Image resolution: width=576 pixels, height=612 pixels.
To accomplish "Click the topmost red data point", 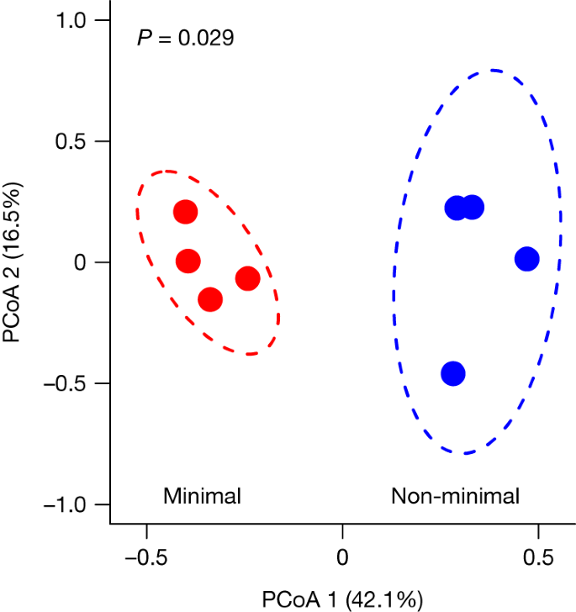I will [x=185, y=212].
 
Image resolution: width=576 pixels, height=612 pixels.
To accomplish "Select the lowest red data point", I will [x=210, y=299].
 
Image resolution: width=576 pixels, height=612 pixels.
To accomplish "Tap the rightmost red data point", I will [x=247, y=278].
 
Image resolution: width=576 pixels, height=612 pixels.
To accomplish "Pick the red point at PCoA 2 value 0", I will [x=188, y=261].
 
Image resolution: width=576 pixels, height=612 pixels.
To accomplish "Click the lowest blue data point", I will [x=453, y=373].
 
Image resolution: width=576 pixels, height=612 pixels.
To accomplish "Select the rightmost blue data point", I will [x=526, y=259].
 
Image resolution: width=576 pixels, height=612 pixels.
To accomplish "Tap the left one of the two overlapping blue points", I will [x=456, y=208].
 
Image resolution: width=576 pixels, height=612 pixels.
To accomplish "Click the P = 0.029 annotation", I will [x=185, y=38].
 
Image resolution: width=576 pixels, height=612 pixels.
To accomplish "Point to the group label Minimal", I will [x=202, y=496].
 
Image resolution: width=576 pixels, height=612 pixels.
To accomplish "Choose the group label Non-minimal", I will [x=455, y=496].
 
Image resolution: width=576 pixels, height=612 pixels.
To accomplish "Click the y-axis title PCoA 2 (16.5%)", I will [x=16, y=261].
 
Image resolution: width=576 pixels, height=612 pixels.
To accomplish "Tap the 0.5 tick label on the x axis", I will [x=538, y=557].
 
